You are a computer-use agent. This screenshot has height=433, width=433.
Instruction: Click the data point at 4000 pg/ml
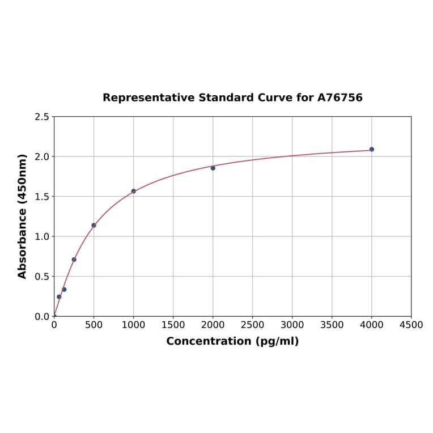point(372,150)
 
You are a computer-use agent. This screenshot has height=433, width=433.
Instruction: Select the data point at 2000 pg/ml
point(213,168)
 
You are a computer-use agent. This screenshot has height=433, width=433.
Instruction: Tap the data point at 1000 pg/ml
point(134,191)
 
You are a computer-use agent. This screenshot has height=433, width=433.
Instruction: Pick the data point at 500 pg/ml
point(94,225)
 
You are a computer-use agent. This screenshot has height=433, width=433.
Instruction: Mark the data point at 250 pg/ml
point(74,260)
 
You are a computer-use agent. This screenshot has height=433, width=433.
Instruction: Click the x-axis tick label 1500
point(173,325)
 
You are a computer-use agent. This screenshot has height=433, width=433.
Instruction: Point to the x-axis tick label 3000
point(292,325)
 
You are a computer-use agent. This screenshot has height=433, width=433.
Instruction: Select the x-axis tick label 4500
point(411,325)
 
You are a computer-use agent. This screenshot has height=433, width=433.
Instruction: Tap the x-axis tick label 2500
point(252,325)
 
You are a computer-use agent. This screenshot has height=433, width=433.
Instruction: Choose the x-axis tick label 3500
point(332,325)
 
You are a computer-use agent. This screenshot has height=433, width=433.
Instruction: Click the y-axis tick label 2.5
point(42,117)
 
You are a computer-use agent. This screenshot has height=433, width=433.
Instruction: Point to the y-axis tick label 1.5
point(42,197)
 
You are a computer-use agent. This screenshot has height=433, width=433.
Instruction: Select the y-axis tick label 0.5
point(42,277)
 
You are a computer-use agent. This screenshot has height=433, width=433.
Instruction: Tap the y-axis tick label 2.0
point(42,156)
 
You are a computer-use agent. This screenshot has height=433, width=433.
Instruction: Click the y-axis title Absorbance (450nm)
point(23,216)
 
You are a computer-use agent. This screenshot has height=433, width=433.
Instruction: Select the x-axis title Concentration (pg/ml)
point(232,341)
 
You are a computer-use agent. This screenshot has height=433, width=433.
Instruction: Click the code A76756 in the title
point(339,98)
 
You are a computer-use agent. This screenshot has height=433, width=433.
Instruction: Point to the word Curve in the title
point(274,98)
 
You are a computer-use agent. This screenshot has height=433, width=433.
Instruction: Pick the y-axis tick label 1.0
point(42,236)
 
